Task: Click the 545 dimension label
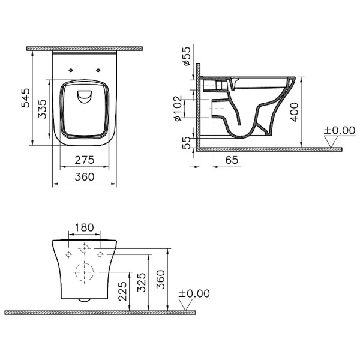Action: [25, 98]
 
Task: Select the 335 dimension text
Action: [42, 109]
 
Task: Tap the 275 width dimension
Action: [85, 160]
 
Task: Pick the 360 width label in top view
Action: [85, 177]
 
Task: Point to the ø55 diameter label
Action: [187, 56]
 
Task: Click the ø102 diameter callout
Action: [178, 109]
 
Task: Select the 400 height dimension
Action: [295, 112]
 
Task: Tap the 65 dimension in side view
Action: [232, 160]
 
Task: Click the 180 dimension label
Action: [85, 227]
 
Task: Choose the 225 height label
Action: [122, 291]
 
